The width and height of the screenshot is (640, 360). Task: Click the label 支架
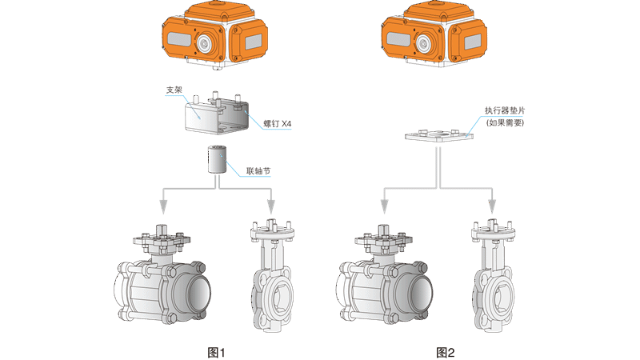tap(174, 90)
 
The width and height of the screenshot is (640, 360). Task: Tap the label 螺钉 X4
tap(277, 124)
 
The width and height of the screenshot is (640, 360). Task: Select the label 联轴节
tap(258, 171)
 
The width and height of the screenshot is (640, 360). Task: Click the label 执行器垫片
tap(505, 110)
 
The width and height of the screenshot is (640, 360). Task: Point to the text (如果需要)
tap(505, 122)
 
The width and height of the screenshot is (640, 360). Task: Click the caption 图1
tap(216, 352)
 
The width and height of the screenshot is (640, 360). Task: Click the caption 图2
tap(446, 352)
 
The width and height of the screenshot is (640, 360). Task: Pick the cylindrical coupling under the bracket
tap(217, 159)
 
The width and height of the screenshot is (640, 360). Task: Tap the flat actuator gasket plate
tap(439, 135)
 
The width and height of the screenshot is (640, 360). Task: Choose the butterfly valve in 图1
tap(272, 276)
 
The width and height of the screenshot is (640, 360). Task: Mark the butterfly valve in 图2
tap(493, 276)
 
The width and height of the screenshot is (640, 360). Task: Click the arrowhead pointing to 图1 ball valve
tap(163, 206)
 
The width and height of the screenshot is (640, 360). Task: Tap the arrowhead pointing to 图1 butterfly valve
tap(271, 206)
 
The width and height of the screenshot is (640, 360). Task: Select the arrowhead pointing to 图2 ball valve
tap(384, 206)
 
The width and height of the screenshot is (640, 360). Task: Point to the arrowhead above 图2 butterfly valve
tap(492, 206)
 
